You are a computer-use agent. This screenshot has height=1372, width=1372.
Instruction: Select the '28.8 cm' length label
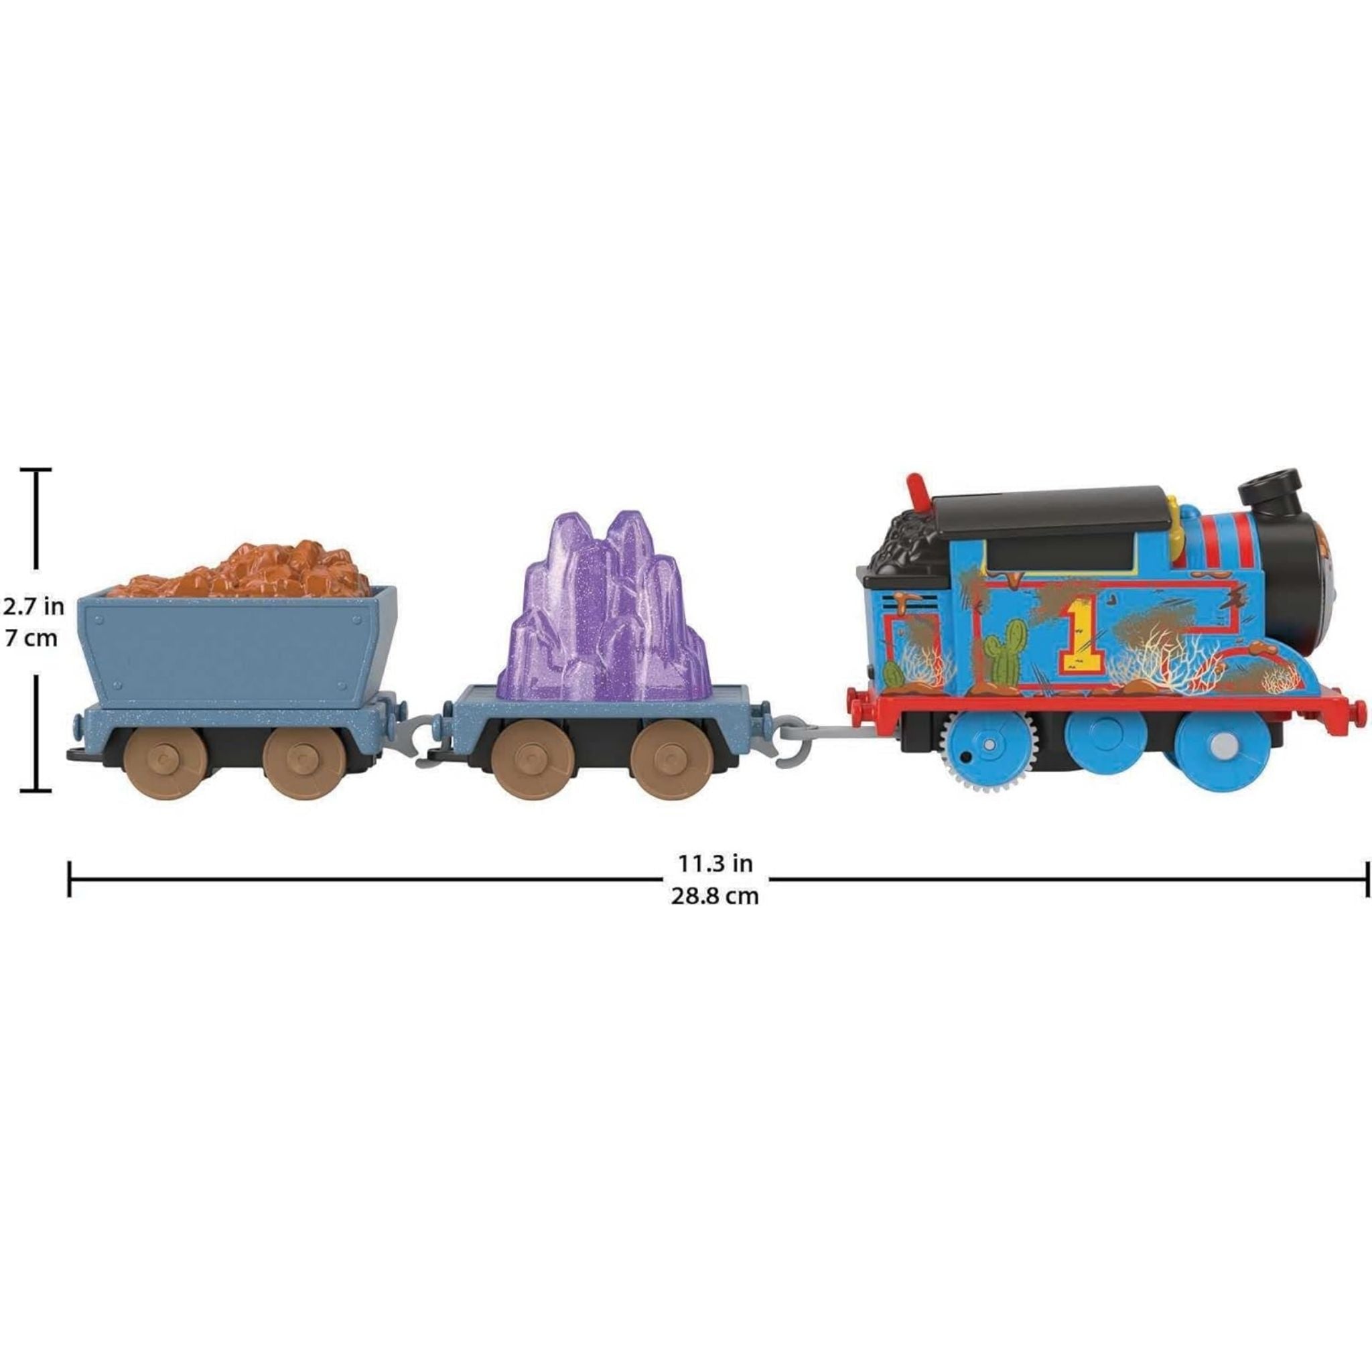715,896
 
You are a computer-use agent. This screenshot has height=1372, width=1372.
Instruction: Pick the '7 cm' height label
31,638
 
